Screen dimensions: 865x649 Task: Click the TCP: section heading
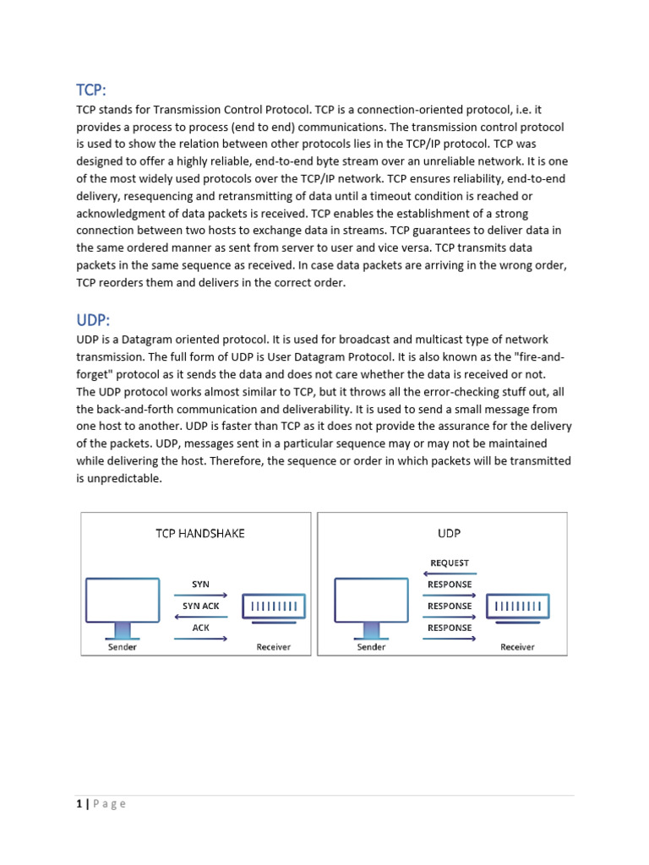[91, 90]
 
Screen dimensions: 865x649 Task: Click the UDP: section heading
[94, 320]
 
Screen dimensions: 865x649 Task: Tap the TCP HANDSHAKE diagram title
[200, 533]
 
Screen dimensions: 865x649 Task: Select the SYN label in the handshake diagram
[200, 585]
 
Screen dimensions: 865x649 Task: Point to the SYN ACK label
[200, 607]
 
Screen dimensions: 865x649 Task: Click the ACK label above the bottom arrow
[200, 628]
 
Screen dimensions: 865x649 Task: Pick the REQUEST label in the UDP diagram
[449, 563]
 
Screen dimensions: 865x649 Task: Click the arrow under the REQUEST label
[449, 573]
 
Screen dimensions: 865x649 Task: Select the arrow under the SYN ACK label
[200, 617]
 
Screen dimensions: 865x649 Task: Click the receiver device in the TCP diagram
[274, 607]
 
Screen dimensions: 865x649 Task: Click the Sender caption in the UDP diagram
[372, 647]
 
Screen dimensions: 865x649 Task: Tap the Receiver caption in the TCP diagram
[273, 647]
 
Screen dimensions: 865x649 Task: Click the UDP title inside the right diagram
[449, 533]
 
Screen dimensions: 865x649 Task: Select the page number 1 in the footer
[79, 804]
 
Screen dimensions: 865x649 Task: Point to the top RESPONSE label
[449, 585]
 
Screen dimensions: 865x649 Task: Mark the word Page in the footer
[110, 804]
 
